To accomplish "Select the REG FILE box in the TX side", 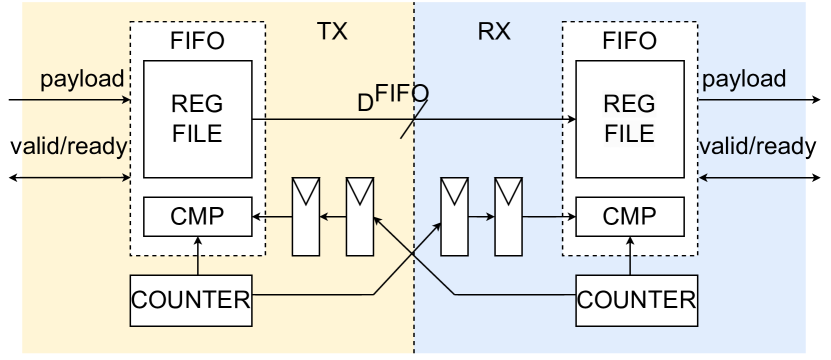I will click(x=196, y=119).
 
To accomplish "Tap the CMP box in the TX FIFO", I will click(x=196, y=215).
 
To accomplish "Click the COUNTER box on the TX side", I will click(x=193, y=297).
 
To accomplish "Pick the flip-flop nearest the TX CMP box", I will click(x=308, y=215).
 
